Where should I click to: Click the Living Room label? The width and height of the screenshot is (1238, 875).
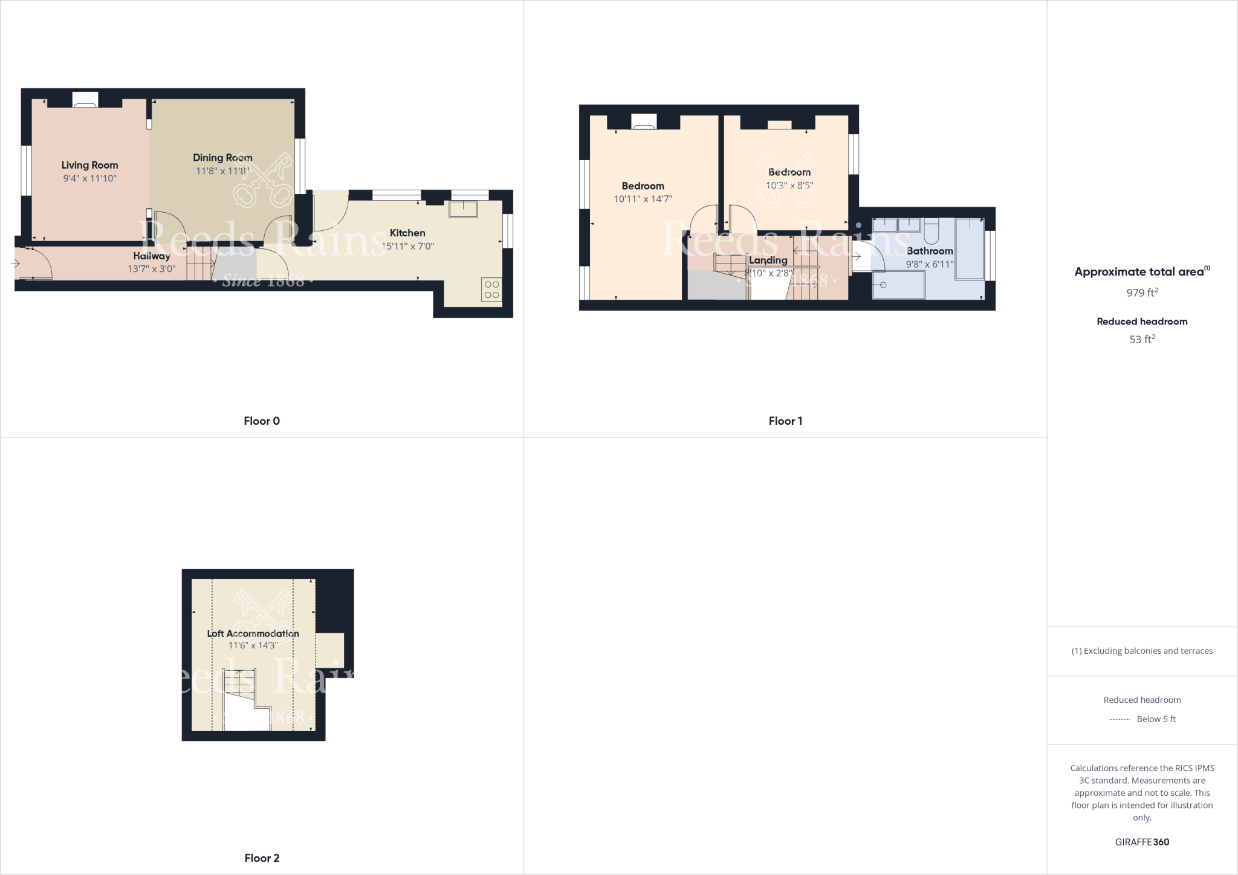point(89,165)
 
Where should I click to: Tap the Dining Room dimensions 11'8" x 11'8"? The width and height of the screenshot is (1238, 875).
point(222,171)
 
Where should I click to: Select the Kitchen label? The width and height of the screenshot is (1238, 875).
point(407,233)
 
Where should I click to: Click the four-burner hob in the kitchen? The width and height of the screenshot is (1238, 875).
point(491,289)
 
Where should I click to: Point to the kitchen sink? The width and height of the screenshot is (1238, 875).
point(463,209)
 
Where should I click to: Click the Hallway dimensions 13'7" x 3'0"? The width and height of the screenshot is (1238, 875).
point(152,269)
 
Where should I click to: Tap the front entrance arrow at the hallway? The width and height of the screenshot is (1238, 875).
point(15,263)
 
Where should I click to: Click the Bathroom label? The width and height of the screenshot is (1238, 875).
point(930,251)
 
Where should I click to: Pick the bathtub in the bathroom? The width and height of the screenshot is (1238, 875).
point(970,249)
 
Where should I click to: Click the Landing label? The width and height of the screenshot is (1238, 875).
point(768,260)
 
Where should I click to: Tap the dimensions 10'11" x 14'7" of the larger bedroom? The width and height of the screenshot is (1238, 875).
point(643,199)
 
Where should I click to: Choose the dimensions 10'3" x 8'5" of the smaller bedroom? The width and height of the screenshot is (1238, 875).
point(789,186)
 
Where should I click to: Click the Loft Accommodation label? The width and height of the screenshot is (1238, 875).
point(253,633)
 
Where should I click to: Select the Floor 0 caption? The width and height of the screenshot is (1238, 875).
point(262,421)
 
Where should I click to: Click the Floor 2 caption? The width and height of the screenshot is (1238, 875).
point(262,858)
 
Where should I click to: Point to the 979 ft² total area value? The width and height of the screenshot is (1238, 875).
point(1142,293)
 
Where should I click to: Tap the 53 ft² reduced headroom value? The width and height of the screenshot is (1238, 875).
point(1142,340)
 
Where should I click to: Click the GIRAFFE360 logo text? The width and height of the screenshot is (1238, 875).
point(1142,842)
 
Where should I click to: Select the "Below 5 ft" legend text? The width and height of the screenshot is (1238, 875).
point(1156,719)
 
